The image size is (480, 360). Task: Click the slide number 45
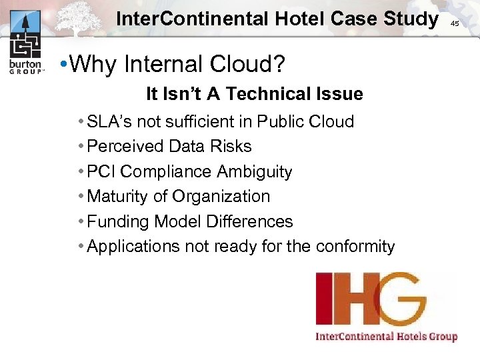coord(455,23)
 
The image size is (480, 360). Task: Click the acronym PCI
coord(101,171)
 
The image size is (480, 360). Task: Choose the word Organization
coord(221,196)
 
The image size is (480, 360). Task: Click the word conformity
coord(355,247)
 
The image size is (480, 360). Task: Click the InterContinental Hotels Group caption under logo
coord(386,336)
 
